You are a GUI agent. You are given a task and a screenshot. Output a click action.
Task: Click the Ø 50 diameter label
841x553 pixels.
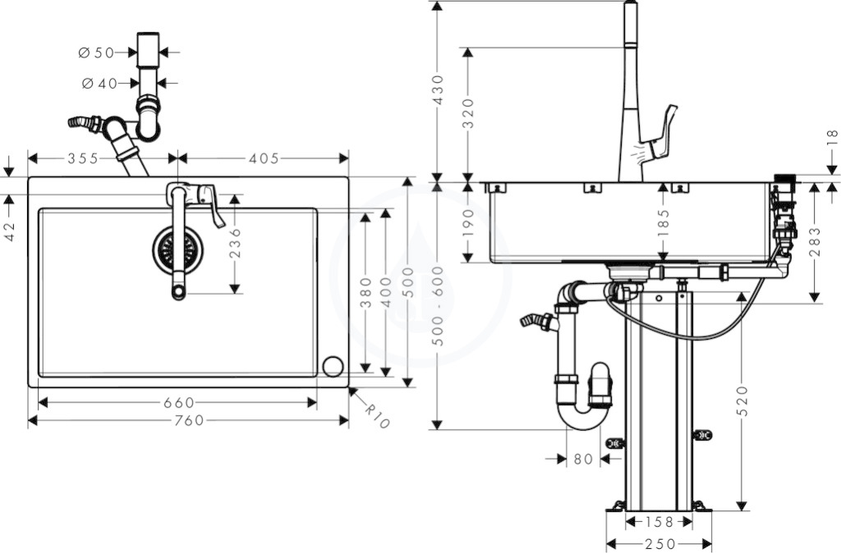97,53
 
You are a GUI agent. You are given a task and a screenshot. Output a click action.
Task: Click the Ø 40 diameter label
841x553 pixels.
99,83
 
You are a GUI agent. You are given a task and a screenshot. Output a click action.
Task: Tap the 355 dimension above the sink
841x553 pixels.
83,158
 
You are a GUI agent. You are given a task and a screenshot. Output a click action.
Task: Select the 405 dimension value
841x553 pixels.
264,158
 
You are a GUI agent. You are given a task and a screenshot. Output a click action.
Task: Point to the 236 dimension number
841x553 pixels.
236,244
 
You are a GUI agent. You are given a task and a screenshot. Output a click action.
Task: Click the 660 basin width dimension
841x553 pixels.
178,402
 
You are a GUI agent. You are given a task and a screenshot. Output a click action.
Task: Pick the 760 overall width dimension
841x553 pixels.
188,420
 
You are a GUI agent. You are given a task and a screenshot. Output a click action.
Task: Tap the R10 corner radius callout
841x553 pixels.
377,415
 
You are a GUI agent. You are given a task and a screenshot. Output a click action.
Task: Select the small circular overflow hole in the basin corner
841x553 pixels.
333,367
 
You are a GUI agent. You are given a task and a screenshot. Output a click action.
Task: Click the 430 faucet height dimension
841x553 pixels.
439,90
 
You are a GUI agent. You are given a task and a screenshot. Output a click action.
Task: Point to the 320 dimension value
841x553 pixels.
467,113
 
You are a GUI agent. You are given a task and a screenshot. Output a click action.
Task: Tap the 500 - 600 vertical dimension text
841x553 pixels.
439,306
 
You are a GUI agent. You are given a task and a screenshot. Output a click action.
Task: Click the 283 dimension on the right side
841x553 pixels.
814,243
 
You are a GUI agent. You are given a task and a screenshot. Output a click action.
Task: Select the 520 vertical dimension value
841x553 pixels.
742,401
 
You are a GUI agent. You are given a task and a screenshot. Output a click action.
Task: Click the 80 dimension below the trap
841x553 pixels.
583,459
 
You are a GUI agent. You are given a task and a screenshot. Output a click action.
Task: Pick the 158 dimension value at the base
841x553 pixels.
659,521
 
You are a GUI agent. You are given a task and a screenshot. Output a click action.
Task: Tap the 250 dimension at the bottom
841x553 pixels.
660,545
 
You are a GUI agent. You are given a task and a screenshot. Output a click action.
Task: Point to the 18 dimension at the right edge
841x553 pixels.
833,138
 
